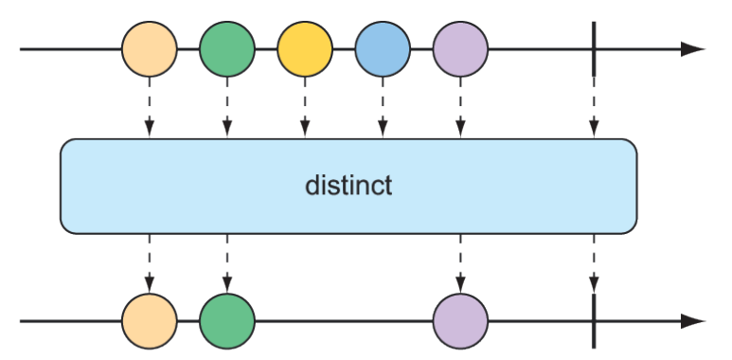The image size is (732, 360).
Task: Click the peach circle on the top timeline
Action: tap(150, 49)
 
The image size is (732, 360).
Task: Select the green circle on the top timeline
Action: tap(227, 49)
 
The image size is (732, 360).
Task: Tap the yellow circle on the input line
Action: tap(305, 49)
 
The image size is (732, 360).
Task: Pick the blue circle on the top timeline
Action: tap(383, 49)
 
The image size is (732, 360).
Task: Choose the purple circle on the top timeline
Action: tap(460, 49)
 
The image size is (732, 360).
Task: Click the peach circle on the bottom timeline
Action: tap(150, 321)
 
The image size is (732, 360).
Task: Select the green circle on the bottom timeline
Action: tap(227, 321)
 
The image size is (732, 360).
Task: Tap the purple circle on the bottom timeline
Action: tap(460, 321)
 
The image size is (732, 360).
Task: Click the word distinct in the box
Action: tap(348, 185)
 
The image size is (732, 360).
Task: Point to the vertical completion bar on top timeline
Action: tap(594, 49)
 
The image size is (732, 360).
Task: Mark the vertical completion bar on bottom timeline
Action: tap(594, 321)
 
